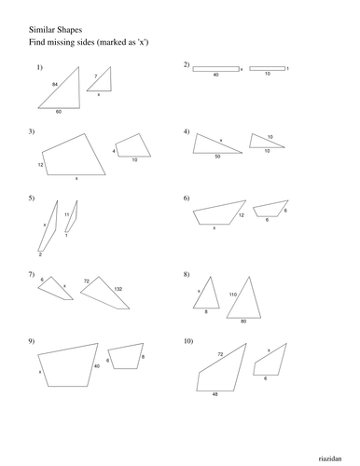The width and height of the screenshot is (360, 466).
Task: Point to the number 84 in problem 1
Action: coord(55,85)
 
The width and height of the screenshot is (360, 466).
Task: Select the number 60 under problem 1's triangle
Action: coord(58,112)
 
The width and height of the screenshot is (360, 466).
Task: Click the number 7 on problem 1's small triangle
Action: coord(94,76)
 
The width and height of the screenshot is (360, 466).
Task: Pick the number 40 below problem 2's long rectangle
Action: coord(215,75)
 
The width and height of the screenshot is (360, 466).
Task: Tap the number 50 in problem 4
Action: coord(217,157)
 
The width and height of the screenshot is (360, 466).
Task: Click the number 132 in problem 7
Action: coord(118,290)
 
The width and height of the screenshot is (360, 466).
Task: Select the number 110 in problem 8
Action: coord(232,295)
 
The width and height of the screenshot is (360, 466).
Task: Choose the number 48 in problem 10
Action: coord(214,394)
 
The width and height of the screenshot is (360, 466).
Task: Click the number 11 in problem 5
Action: coord(66,214)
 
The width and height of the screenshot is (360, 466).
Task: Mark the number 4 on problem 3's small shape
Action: coord(114,150)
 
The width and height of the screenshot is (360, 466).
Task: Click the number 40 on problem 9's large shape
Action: coord(97,366)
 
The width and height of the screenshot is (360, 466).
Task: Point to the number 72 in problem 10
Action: coord(221,355)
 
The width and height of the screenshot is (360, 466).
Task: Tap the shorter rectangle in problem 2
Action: coord(267,68)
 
